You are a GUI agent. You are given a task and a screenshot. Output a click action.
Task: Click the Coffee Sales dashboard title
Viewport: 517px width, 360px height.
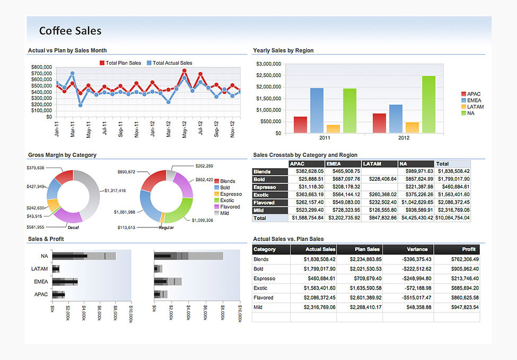70,31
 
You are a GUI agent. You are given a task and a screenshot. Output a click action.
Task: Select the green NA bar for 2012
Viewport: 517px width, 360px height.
428,104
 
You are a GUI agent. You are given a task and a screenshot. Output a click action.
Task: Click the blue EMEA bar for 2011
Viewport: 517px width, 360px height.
317,110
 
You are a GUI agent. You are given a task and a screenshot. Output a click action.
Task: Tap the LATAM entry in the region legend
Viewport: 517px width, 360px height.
475,107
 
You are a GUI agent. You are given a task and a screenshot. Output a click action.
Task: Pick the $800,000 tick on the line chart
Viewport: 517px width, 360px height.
41,67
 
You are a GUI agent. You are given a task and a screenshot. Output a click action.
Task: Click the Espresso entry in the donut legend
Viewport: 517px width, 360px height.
231,194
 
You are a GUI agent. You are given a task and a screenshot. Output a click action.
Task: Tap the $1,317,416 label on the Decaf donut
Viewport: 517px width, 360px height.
115,190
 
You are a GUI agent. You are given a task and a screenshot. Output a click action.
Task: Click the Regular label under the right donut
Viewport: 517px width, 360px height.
166,227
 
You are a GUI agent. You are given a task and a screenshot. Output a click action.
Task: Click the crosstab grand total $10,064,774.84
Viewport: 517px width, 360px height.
453,218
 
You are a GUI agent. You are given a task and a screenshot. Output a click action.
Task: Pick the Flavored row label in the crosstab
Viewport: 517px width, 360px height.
264,203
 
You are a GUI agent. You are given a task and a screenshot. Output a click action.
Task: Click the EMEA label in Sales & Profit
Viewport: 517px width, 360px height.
41,282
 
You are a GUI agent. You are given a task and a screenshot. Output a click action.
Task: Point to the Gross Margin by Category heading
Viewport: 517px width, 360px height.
62,155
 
